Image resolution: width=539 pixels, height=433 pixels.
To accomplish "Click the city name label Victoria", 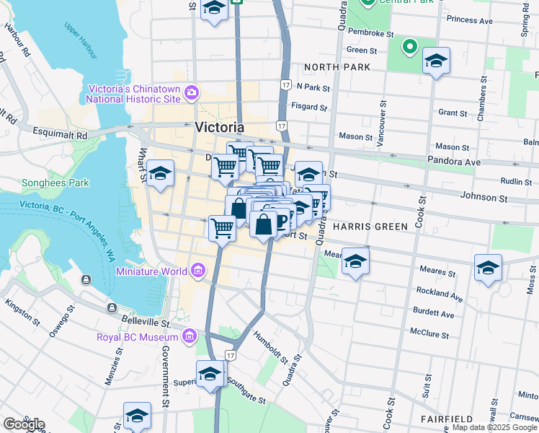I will click(219, 127).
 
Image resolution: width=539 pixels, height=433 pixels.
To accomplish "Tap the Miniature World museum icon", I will click(196, 271).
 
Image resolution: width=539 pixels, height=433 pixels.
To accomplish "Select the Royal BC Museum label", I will click(137, 337).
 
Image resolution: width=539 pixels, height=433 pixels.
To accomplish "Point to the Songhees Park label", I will click(55, 183).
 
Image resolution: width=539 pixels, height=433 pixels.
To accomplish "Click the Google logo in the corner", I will click(24, 424).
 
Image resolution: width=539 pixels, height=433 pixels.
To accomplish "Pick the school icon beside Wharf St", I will click(161, 174).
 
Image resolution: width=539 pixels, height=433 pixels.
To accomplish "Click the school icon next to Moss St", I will click(488, 268).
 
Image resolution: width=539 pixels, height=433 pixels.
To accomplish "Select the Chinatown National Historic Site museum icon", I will click(192, 92).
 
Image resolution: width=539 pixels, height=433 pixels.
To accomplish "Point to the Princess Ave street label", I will click(469, 21).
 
